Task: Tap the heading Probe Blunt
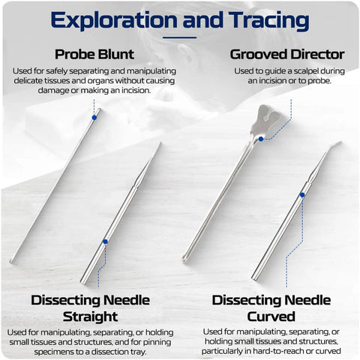click(x=94, y=54)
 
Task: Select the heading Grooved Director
click(x=287, y=54)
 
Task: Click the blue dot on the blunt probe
click(x=94, y=118)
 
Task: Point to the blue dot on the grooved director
click(x=261, y=139)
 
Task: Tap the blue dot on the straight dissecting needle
click(x=105, y=241)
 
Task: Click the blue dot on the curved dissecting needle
click(x=302, y=195)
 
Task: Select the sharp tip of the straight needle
click(x=160, y=143)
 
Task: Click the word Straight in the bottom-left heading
click(x=90, y=316)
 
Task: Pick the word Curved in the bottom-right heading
click(x=271, y=316)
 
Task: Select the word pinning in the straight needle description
click(x=157, y=342)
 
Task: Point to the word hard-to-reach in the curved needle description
click(x=273, y=351)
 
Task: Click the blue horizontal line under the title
click(x=179, y=37)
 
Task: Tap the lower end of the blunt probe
click(x=11, y=262)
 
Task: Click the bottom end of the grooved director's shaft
click(x=184, y=261)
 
